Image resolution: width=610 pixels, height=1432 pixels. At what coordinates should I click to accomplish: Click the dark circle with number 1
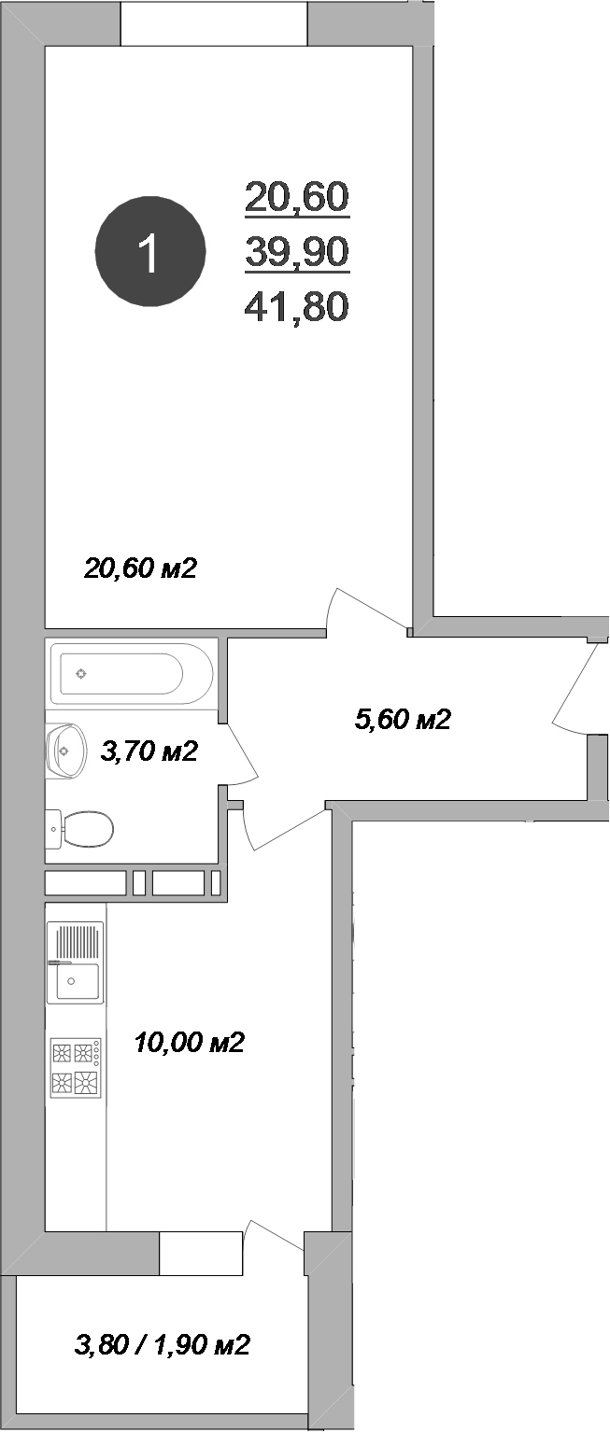(149, 251)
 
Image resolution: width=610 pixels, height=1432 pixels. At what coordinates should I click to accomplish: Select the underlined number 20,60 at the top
(296, 196)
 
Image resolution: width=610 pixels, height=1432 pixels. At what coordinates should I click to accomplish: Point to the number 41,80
(296, 305)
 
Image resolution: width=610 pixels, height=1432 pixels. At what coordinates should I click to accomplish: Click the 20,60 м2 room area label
(140, 568)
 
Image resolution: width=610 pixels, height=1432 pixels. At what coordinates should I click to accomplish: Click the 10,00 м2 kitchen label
(190, 1042)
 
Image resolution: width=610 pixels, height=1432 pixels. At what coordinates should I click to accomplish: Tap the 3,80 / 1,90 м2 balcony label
(162, 1345)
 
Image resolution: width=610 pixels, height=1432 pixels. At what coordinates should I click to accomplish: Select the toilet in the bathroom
(82, 827)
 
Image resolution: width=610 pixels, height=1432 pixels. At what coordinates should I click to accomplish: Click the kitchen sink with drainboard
(75, 962)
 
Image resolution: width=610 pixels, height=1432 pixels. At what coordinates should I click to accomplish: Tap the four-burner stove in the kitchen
(76, 1068)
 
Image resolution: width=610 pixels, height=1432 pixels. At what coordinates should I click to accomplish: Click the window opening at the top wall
(214, 22)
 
